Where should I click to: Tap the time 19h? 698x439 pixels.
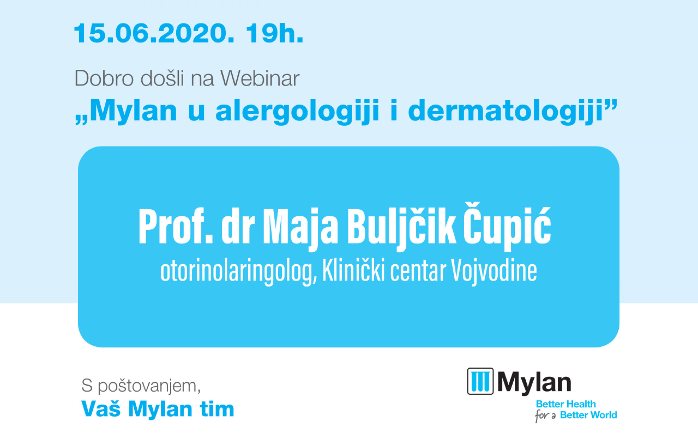274,33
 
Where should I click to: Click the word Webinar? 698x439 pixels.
260,78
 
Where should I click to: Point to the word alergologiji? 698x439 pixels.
297,111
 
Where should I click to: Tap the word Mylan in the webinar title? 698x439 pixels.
133,111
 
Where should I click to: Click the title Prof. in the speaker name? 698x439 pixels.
176,226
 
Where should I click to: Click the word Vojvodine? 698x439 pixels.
494,271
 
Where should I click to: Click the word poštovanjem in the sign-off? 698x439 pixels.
149,386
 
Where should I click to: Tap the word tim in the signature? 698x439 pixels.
217,409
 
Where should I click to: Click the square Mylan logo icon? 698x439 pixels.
480,381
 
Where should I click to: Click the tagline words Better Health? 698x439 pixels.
566,404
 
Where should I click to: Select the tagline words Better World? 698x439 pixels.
589,415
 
